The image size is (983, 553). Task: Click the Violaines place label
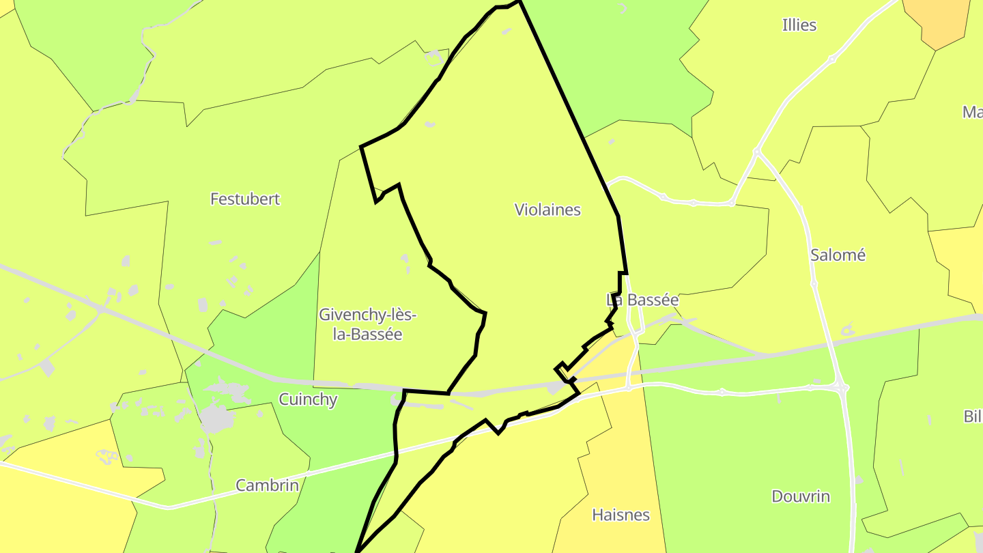[x=547, y=210]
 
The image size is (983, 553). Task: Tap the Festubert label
[x=245, y=199]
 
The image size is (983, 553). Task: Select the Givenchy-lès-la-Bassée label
[x=367, y=324]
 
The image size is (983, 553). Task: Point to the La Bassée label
[x=642, y=300]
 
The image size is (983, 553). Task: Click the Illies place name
[x=799, y=25]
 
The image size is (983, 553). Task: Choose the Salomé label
[x=838, y=255]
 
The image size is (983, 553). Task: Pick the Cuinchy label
[x=308, y=399]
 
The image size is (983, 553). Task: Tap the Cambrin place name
[x=267, y=485]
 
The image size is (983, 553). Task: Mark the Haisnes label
[x=621, y=515]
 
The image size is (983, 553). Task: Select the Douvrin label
[x=801, y=496]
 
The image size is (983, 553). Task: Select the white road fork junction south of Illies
[x=756, y=152]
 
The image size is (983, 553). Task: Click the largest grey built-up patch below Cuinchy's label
[x=217, y=418]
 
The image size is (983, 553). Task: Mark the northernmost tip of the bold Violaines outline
[x=518, y=2]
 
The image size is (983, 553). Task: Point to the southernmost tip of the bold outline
[x=356, y=550]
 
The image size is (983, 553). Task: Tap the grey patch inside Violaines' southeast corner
[x=556, y=388]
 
